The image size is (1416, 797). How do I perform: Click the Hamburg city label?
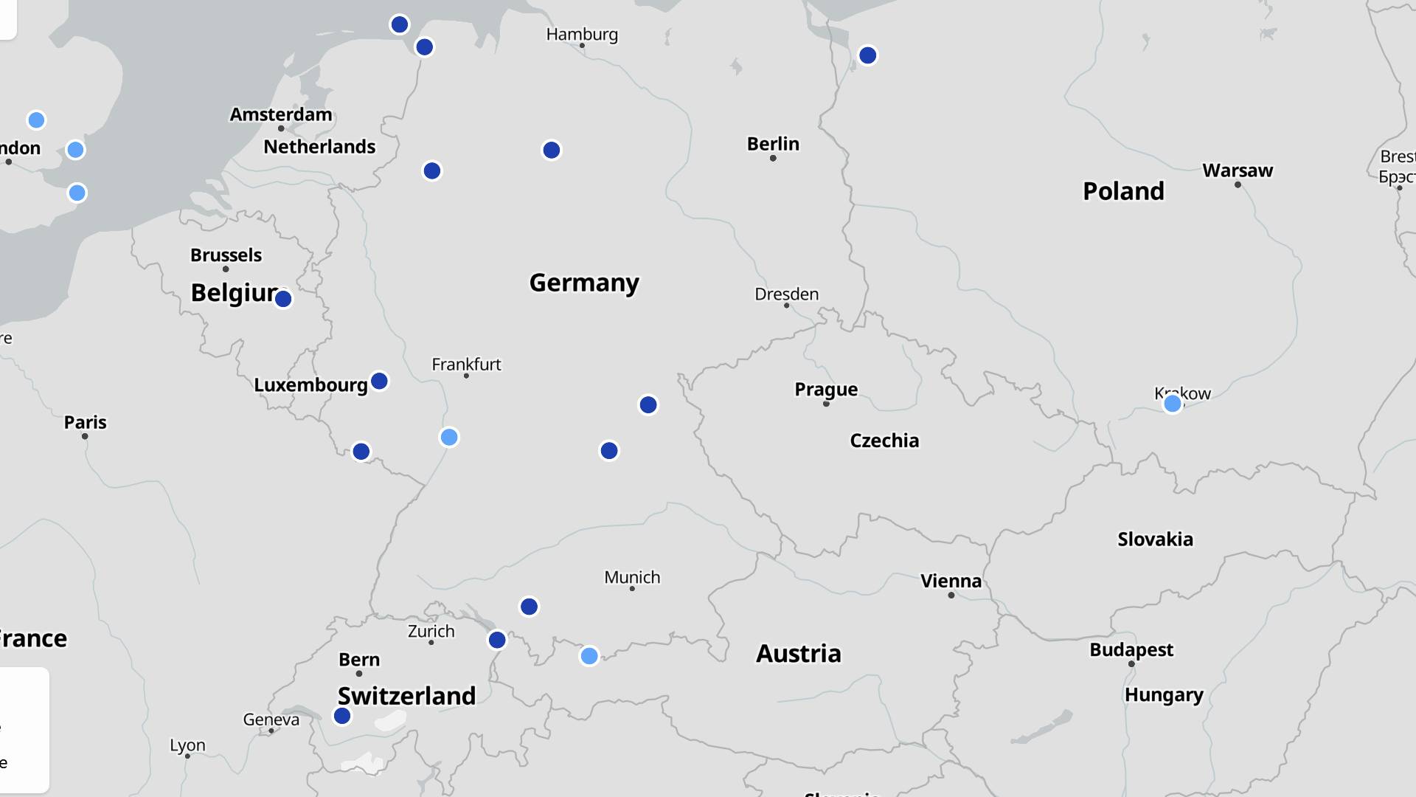582,34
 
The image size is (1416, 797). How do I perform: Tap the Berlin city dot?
773,158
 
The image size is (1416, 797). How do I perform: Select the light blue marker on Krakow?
1173,404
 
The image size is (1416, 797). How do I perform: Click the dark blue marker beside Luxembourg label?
379,382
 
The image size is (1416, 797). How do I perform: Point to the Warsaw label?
1238,170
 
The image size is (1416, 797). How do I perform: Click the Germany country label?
584,283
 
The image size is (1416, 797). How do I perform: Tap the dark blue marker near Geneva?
342,716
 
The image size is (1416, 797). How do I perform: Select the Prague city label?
826,389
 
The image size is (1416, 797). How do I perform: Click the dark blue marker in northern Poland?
867,55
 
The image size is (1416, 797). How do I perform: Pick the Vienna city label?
951,581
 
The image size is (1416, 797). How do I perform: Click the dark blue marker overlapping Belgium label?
283,299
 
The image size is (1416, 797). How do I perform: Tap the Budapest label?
1131,649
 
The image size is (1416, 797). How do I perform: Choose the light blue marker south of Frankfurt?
449,438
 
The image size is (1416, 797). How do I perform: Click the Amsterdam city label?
281,114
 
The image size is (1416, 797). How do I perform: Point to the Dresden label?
786,294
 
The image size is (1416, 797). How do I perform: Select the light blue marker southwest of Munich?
589,656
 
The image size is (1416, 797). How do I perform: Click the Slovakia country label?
1155,539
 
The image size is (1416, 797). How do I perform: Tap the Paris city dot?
85,436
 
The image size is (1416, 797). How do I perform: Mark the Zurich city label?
431,631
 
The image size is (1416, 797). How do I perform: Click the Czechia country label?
884,441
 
